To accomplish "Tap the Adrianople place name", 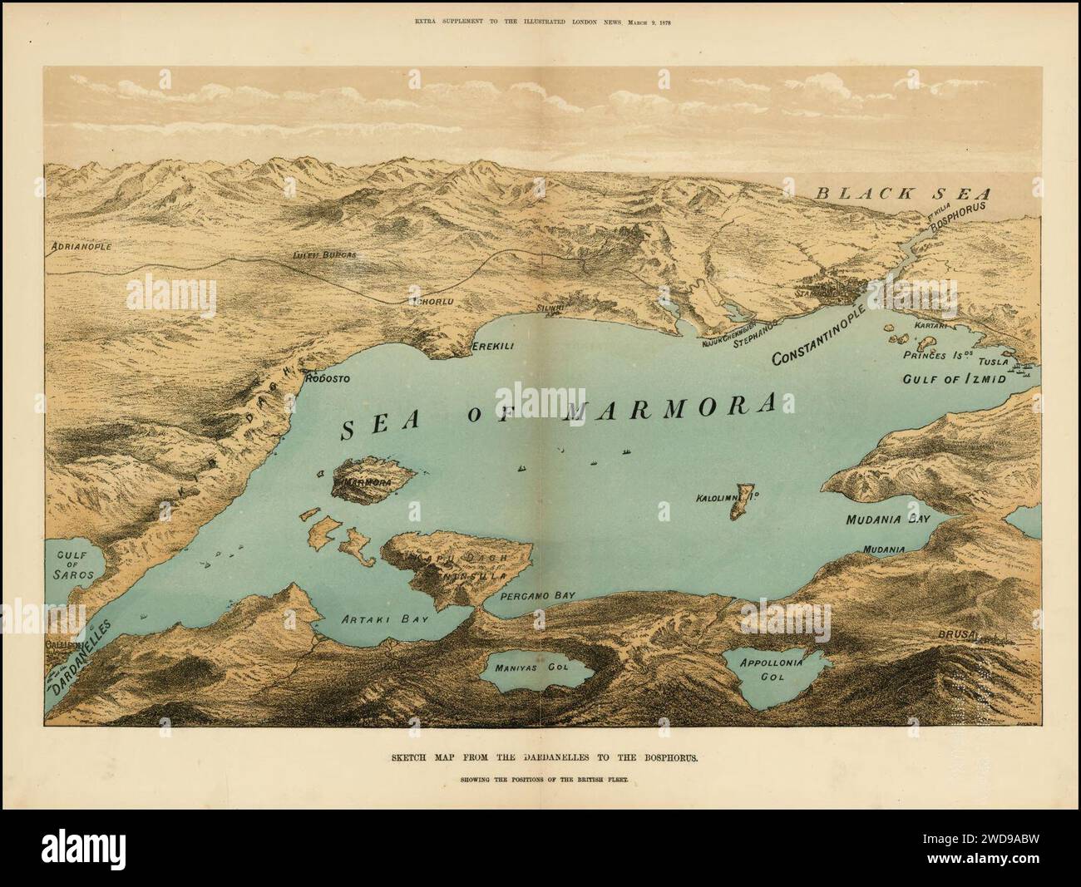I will tap(81, 247).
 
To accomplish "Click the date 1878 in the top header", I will tap(661, 22).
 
